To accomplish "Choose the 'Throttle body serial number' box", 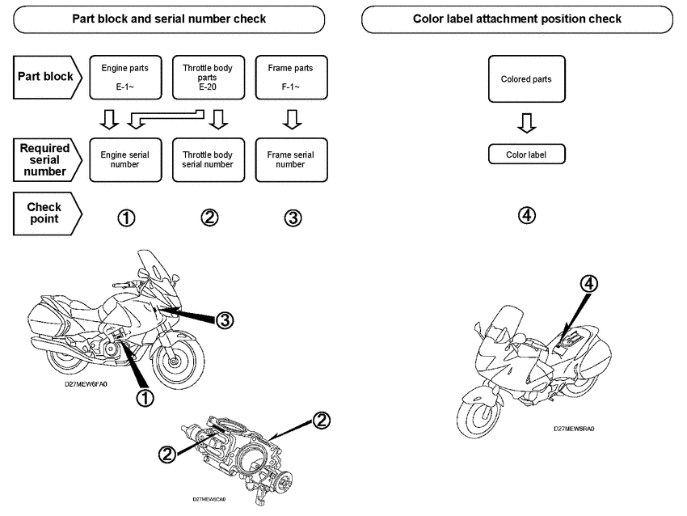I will tap(209, 159).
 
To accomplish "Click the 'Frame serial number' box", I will tap(290, 159).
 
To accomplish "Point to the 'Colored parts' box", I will tap(526, 79).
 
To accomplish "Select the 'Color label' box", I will tap(526, 154).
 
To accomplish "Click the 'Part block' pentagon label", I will tap(47, 77).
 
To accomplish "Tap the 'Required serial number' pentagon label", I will tap(47, 159).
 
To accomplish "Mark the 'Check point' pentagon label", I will tap(47, 214).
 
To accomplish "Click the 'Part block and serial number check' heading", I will tap(169, 19).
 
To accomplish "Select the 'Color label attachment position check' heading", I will tap(517, 19).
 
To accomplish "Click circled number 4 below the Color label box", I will tap(526, 216).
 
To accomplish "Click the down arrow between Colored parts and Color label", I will tap(526, 123).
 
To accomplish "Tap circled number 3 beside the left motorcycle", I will tap(225, 320).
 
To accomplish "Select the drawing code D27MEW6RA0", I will tap(574, 429).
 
